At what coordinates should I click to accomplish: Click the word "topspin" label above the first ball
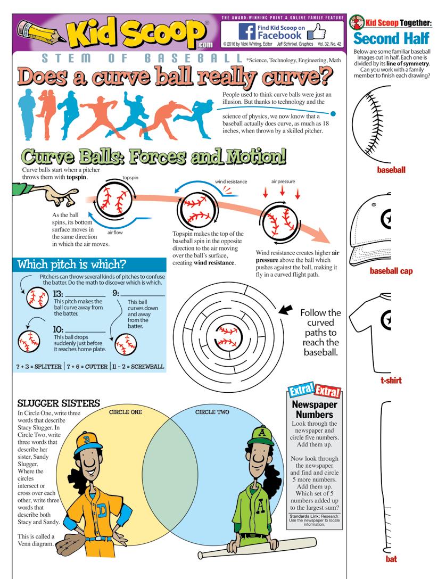[130, 177]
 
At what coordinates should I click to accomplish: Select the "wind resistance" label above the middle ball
[231, 181]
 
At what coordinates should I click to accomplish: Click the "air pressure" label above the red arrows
[283, 181]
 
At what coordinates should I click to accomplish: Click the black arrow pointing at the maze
[286, 309]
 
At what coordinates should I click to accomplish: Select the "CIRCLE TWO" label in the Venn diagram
[211, 411]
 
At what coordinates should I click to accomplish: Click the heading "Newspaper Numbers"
[314, 409]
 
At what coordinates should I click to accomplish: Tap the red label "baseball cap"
[391, 271]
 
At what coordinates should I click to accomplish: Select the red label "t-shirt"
[391, 381]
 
